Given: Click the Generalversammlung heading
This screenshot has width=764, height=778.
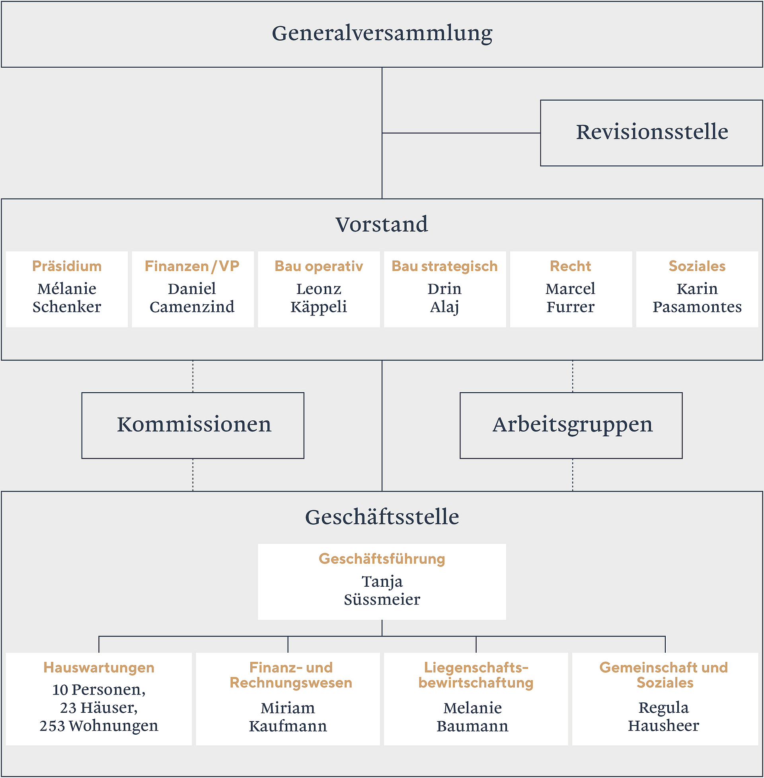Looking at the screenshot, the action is [382, 34].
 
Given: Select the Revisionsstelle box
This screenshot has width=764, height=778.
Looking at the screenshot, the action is [651, 133].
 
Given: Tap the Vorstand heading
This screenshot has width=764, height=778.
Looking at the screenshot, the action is [382, 224].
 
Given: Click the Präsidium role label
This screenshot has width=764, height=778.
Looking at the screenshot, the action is [67, 266].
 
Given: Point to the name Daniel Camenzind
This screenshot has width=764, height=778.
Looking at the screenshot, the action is [192, 298].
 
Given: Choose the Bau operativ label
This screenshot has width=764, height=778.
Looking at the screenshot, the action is [319, 266].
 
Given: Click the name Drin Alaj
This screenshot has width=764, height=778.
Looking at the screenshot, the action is [444, 298].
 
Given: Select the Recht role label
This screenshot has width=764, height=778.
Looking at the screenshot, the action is [571, 266].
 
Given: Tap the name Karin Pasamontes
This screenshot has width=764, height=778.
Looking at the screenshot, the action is [697, 298].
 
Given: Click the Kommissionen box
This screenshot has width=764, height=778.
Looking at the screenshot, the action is [193, 426].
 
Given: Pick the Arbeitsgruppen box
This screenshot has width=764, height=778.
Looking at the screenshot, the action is [571, 426].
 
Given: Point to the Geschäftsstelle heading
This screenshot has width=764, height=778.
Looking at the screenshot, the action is [382, 517].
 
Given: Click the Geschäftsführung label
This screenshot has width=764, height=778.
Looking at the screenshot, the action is [382, 559].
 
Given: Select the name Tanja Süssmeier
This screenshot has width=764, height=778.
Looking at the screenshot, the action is [382, 590].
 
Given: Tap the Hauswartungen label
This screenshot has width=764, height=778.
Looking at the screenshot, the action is [99, 668].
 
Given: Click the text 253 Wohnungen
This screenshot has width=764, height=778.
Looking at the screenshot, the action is [99, 726].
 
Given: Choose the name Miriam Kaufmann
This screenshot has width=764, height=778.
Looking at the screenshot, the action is [288, 717].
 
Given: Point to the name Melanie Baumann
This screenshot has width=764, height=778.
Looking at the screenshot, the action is [472, 717].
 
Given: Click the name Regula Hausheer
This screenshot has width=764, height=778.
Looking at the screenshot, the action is [663, 717].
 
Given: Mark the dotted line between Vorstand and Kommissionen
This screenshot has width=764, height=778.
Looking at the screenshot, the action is [193, 376].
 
